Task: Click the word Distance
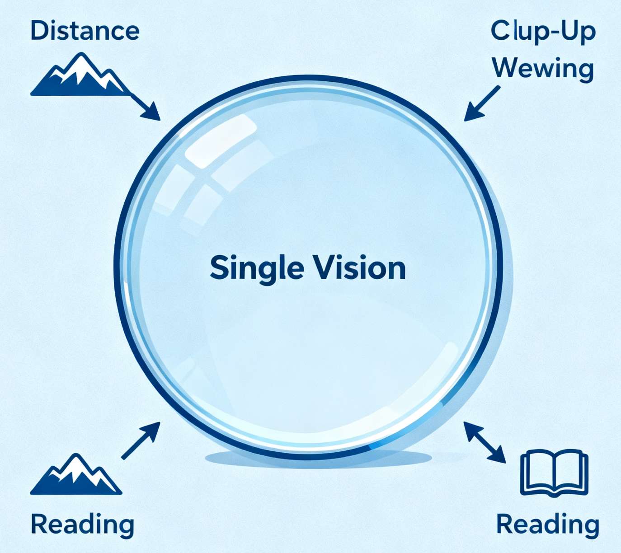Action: (85, 31)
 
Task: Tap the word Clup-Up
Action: (543, 32)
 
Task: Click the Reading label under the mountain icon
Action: (82, 525)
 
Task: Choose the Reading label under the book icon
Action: (548, 525)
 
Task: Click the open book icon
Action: (555, 472)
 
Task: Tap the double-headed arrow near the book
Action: (485, 442)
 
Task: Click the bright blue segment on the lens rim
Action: (407, 429)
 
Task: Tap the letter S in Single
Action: (219, 267)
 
